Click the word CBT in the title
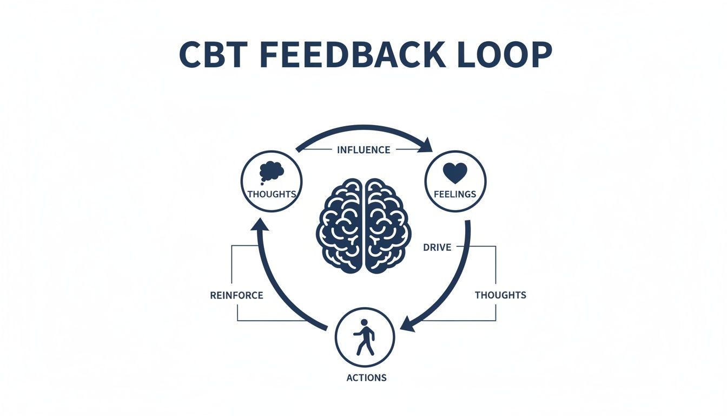point(212,55)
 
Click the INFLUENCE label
point(363,150)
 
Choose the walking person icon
point(365,336)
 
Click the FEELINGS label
point(455,194)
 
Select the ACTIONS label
point(366,378)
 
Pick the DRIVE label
point(436,247)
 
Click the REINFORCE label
point(236,296)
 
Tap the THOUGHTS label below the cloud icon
point(272,194)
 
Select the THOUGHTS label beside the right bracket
point(500,295)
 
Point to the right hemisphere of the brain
point(387,225)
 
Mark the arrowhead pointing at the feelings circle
point(426,145)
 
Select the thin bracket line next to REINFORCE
point(233,271)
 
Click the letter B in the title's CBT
point(213,55)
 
